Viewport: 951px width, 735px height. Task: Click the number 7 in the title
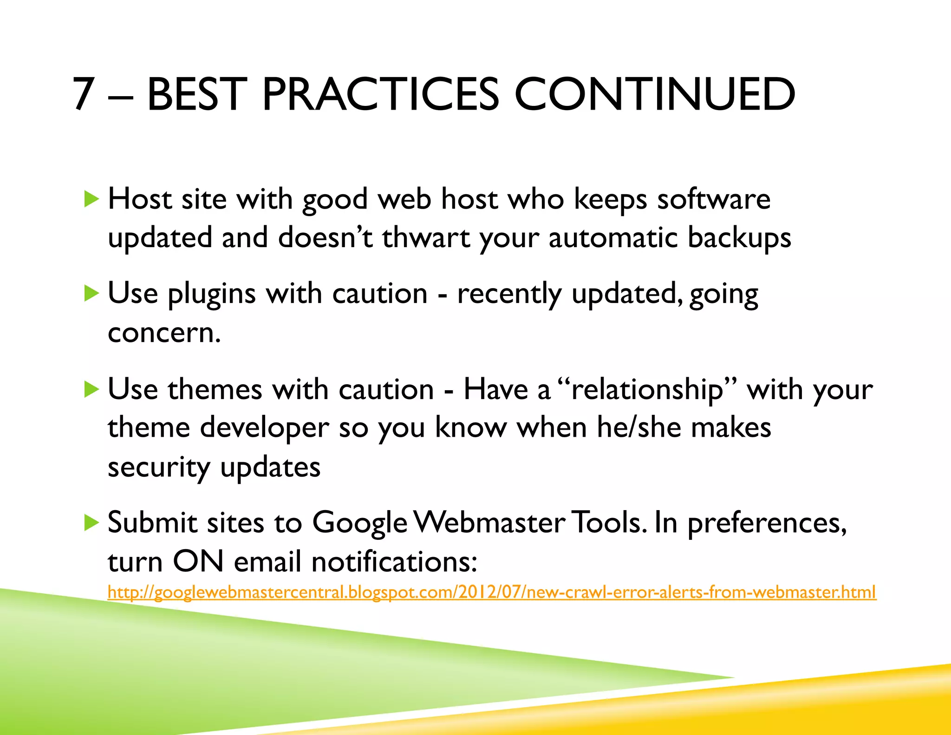click(x=84, y=94)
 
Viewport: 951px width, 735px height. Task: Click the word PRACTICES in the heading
click(x=380, y=94)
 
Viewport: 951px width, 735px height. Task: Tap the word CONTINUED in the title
click(x=655, y=94)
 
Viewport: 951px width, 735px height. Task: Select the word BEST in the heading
click(x=197, y=94)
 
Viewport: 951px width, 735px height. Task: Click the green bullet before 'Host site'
click(x=92, y=199)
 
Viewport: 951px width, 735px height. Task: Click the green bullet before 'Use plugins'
click(x=92, y=294)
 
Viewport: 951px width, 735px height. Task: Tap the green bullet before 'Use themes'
click(x=92, y=389)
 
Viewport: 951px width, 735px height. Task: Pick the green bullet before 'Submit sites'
click(x=92, y=523)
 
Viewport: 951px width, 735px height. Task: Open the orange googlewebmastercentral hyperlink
click(x=491, y=592)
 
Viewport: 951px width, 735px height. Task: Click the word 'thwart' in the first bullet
click(x=426, y=238)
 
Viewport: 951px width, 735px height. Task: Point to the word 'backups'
click(x=739, y=238)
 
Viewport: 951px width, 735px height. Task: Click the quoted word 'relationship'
click(x=646, y=389)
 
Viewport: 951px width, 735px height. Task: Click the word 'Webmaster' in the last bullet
click(x=489, y=523)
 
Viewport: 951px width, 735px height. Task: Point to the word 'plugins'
click(x=212, y=295)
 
